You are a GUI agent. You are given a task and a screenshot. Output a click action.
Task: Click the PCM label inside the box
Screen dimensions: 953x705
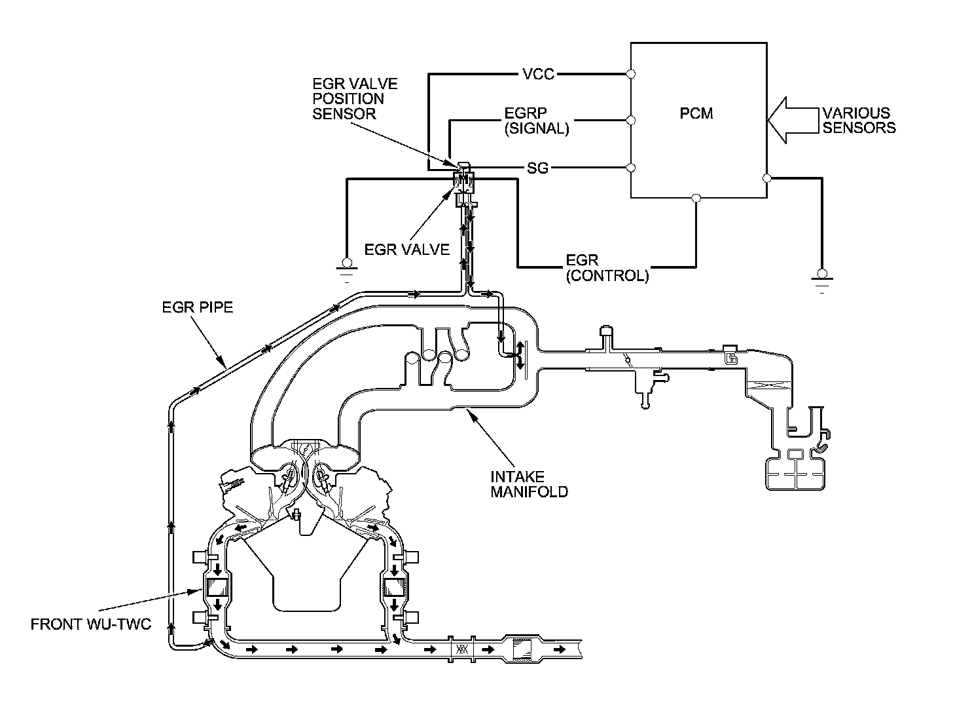(x=696, y=113)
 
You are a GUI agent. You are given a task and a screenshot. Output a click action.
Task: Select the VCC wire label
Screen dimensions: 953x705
(x=539, y=74)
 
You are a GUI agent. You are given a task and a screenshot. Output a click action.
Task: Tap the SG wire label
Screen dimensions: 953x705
(x=537, y=168)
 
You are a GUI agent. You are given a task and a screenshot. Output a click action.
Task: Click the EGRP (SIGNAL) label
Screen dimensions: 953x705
(x=536, y=121)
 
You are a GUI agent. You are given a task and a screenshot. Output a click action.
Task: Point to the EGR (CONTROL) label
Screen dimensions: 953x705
(x=607, y=267)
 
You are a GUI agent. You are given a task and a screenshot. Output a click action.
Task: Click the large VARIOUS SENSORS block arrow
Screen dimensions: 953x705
(x=793, y=120)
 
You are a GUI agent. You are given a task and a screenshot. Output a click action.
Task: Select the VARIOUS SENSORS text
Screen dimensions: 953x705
(x=859, y=120)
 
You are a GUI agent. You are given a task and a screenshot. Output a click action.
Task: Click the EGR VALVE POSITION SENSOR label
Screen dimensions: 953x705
(x=355, y=98)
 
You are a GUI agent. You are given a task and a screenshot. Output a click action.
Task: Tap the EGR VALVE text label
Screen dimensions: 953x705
(x=406, y=250)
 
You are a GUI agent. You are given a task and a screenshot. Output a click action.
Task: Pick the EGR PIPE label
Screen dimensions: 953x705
(x=197, y=307)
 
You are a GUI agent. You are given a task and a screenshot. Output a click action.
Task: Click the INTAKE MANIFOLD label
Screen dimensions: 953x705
(x=529, y=484)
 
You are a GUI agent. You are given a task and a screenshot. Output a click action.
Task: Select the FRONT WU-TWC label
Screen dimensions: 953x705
(x=91, y=624)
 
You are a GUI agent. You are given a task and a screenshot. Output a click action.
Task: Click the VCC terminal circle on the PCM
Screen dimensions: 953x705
(x=631, y=74)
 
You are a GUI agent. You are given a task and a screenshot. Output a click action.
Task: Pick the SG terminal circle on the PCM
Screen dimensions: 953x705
(x=631, y=168)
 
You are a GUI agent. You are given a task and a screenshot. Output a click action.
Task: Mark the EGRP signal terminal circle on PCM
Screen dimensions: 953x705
(x=631, y=121)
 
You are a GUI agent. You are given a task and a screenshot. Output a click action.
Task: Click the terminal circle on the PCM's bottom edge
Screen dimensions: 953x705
(x=696, y=198)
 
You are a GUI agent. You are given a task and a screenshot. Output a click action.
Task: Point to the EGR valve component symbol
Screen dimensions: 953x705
(x=464, y=183)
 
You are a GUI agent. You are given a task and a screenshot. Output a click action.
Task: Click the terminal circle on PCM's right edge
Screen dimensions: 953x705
(x=767, y=178)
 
